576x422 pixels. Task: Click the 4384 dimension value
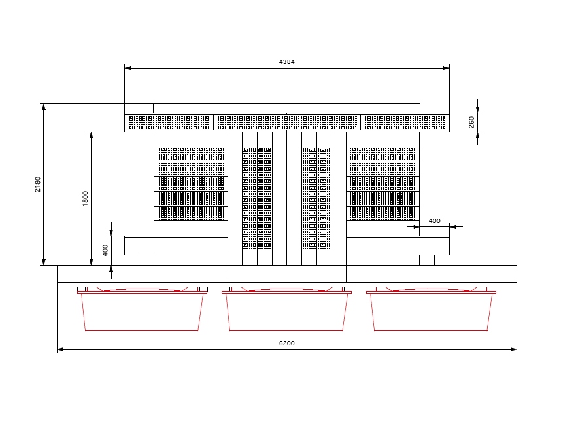click(x=286, y=62)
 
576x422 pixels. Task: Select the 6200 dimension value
click(x=286, y=343)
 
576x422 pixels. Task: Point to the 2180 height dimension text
click(x=38, y=184)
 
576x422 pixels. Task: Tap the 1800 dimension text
click(x=85, y=198)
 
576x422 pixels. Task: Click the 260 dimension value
click(x=471, y=122)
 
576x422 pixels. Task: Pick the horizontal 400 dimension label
click(x=434, y=221)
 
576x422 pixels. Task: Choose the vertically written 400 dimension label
click(x=105, y=251)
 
